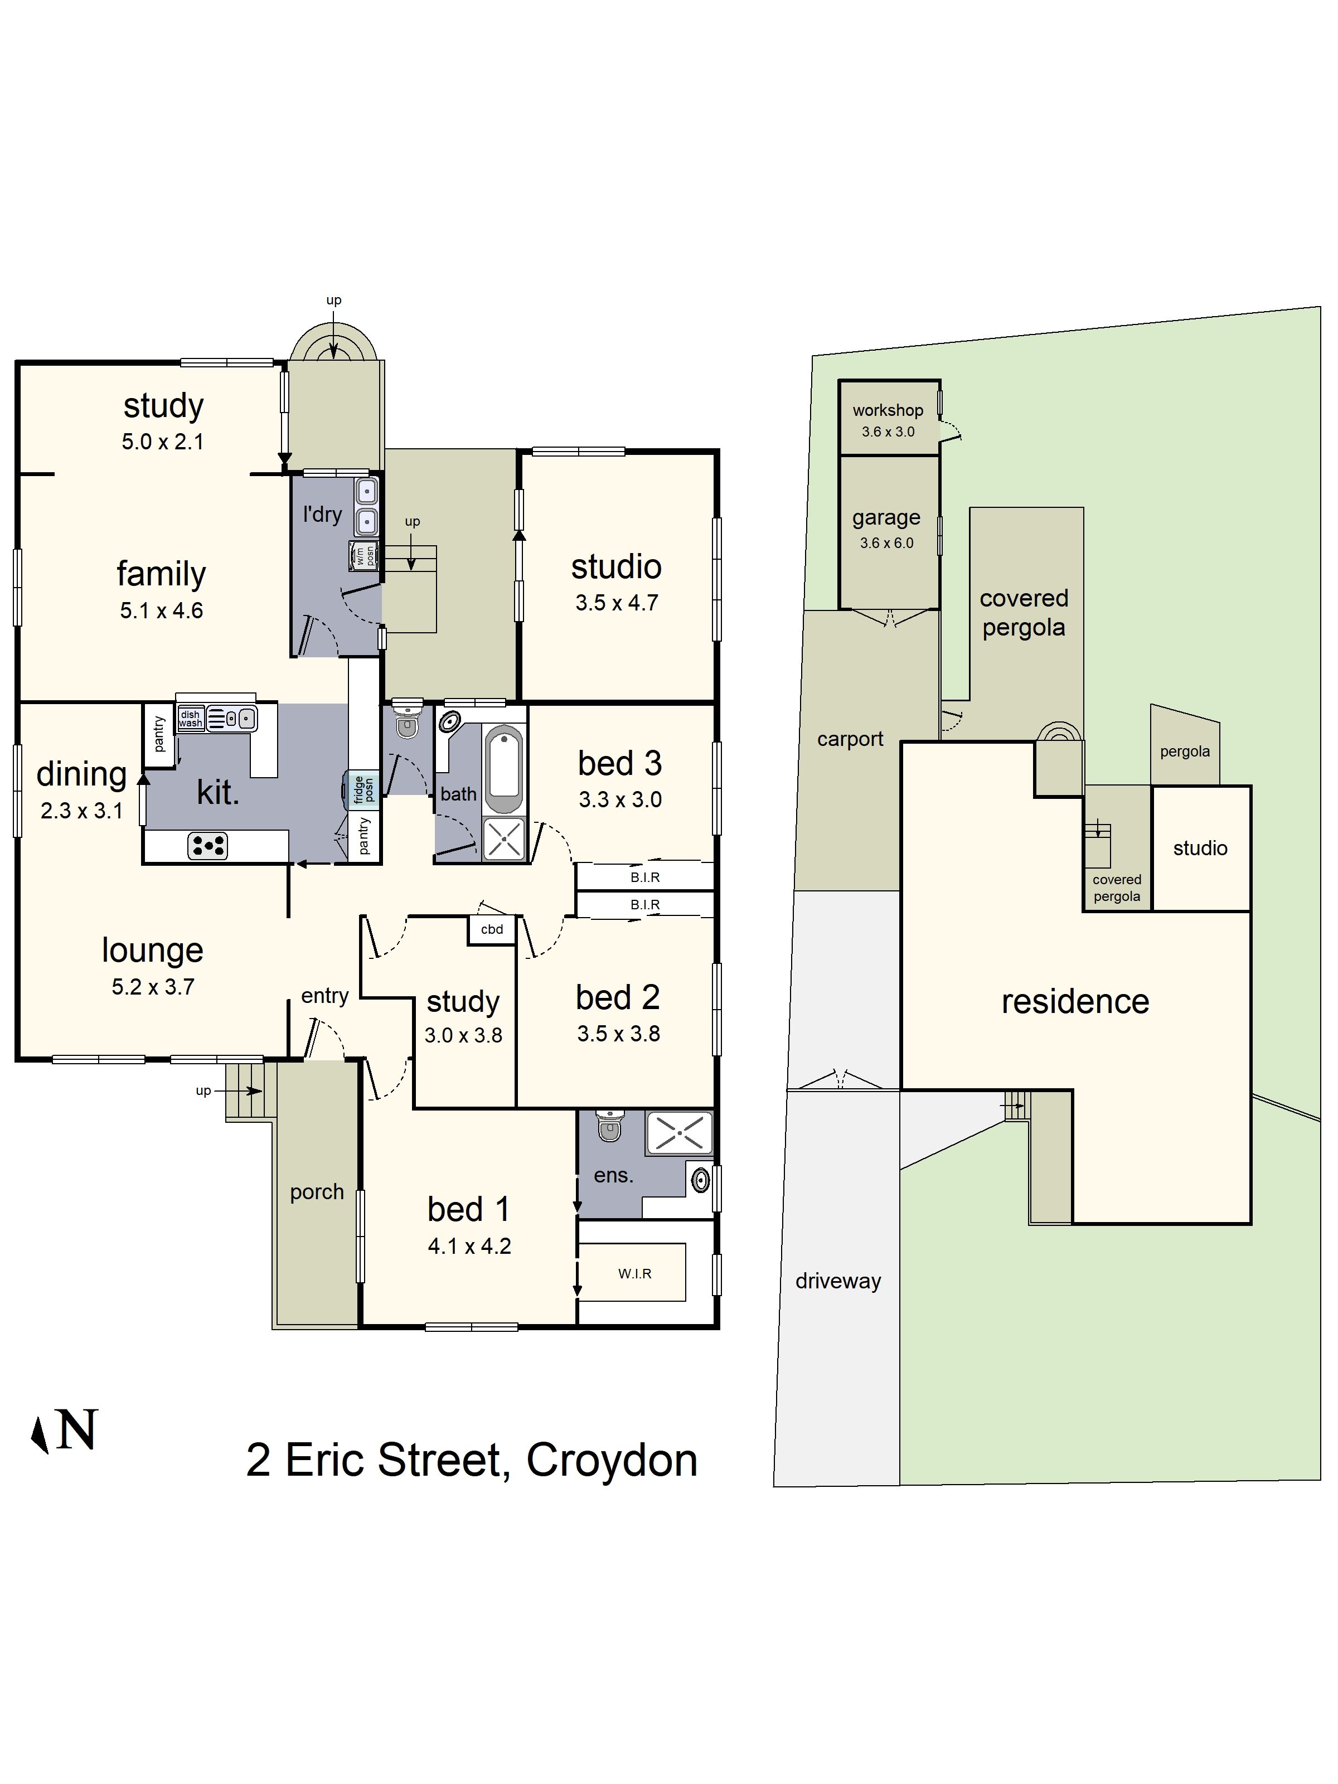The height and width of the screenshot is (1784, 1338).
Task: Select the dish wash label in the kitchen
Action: tap(190, 719)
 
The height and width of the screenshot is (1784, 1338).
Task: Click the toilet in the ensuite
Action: tap(610, 1126)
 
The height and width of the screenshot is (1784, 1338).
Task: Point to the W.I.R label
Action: tap(635, 1273)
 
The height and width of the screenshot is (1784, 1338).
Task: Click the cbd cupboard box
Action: tap(492, 929)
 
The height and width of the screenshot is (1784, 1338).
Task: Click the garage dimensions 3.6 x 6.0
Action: tap(886, 543)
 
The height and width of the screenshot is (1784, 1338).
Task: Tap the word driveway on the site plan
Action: tap(838, 1281)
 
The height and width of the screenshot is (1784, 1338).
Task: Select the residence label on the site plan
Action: tap(1074, 1002)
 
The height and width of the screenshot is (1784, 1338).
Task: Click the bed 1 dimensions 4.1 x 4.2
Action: tap(469, 1246)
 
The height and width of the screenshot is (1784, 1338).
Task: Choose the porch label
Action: tap(317, 1191)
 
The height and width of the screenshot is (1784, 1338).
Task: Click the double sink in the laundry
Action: tap(367, 506)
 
